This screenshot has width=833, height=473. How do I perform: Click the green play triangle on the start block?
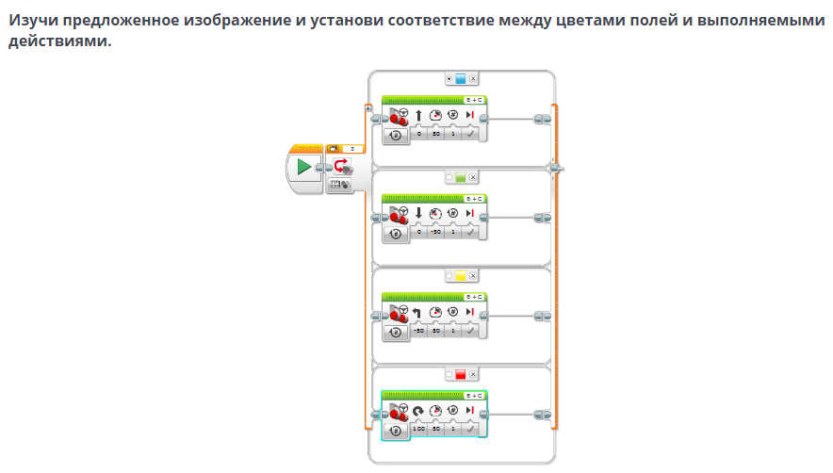tap(303, 167)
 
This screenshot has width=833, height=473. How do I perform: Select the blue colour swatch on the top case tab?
tap(461, 79)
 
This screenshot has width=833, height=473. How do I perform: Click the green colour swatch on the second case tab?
tap(461, 177)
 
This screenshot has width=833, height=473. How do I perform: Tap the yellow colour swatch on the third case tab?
tap(461, 276)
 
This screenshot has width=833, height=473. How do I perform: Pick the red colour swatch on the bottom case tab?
tap(461, 374)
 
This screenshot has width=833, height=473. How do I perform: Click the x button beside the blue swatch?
tap(473, 79)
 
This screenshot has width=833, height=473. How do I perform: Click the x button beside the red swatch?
tap(473, 374)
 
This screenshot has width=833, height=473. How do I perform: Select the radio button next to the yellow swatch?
tap(449, 276)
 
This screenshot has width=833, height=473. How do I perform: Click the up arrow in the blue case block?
tap(418, 115)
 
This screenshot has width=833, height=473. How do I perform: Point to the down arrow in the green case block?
tap(418, 213)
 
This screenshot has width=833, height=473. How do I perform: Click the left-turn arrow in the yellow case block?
tap(418, 312)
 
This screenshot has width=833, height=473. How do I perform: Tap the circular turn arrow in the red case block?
tap(418, 410)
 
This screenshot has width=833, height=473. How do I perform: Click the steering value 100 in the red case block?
tap(418, 429)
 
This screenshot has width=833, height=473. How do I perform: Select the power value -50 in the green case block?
tap(435, 232)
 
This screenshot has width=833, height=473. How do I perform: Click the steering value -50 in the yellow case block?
tap(418, 331)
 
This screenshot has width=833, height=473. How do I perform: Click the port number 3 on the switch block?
tap(352, 148)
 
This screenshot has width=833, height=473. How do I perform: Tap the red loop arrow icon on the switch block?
tap(340, 166)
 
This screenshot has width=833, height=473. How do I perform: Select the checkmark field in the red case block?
tap(469, 429)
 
